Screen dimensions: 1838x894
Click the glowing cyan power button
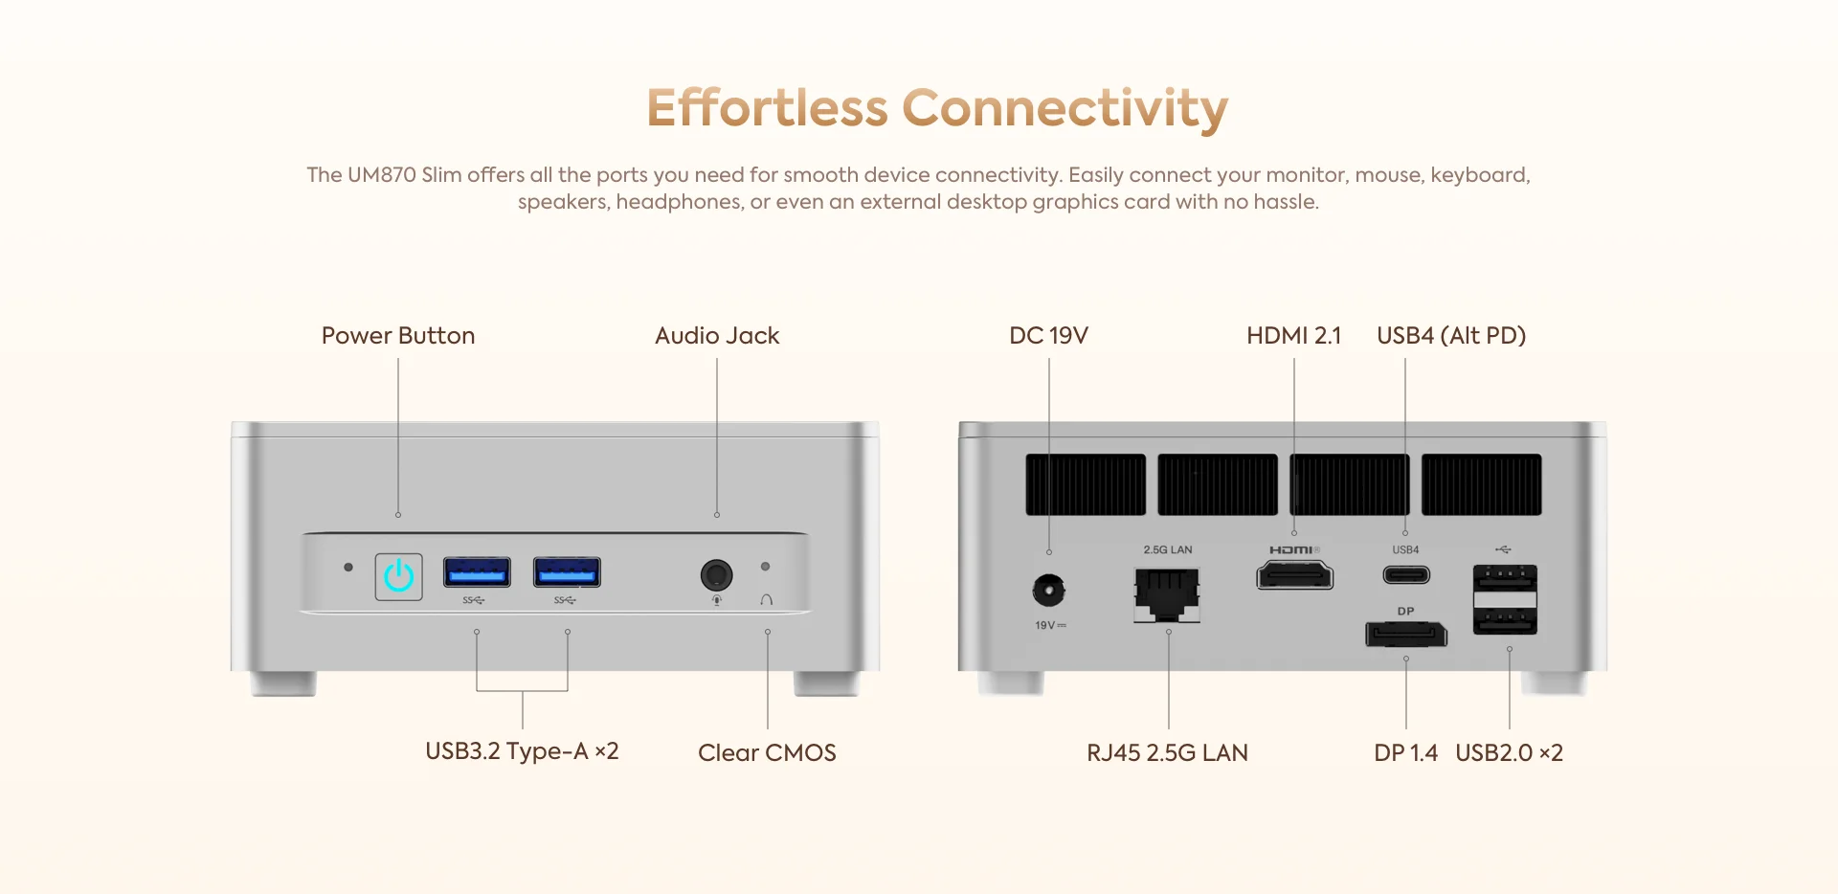click(x=398, y=576)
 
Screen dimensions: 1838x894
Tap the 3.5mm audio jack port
click(x=716, y=575)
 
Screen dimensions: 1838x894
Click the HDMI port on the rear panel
click(x=1294, y=575)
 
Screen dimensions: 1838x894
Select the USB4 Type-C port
click(x=1406, y=575)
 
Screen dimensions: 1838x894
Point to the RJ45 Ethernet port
click(x=1167, y=594)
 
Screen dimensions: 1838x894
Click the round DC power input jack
click(x=1049, y=590)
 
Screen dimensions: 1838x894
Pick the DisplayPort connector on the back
click(x=1406, y=634)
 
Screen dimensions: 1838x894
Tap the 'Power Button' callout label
click(x=398, y=336)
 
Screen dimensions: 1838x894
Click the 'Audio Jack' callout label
click(x=717, y=336)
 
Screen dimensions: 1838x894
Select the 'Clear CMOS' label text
click(x=767, y=753)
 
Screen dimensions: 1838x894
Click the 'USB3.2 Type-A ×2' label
click(x=522, y=751)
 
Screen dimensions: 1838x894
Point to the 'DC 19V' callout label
click(x=1048, y=336)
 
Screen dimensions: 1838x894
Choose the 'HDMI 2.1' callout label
click(x=1294, y=336)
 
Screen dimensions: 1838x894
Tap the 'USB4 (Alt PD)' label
click(x=1451, y=336)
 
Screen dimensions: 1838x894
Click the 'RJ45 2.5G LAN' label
click(x=1167, y=753)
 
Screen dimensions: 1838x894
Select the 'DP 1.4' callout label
click(x=1405, y=753)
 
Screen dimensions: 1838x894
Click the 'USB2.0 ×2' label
click(x=1509, y=753)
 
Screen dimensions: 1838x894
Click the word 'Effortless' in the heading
click(x=768, y=107)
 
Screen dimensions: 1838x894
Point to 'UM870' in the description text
click(x=382, y=175)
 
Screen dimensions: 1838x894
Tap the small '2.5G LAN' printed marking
click(x=1168, y=549)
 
